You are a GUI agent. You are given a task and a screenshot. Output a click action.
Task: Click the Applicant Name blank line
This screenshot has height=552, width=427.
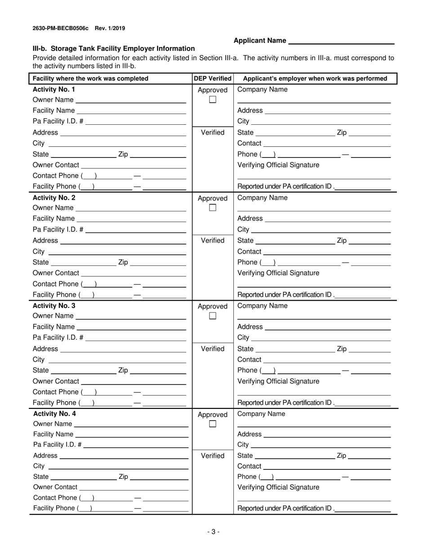coord(341,41)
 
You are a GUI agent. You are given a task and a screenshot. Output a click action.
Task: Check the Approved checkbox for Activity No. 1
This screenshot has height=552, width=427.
coord(213,100)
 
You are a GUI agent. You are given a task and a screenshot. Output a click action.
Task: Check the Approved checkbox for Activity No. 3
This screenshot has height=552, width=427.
coord(213,316)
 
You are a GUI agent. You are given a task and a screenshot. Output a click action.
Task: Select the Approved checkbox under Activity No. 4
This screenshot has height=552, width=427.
coord(213,424)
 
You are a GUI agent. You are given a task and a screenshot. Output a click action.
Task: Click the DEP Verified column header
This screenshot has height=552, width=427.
coord(213,79)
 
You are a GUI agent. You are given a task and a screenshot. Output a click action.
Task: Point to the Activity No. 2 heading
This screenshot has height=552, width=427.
coord(54,197)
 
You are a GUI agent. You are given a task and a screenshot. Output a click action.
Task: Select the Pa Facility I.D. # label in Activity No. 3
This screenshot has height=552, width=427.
coord(58,337)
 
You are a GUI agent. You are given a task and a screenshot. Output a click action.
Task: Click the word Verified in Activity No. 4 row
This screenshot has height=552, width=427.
coord(213,456)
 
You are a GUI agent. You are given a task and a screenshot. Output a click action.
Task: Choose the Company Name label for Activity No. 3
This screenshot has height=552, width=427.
coord(262,306)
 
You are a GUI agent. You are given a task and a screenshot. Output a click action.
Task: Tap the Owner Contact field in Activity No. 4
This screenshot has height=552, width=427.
coord(133,487)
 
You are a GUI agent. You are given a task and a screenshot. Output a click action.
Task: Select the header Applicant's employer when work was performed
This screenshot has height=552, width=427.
coord(315,79)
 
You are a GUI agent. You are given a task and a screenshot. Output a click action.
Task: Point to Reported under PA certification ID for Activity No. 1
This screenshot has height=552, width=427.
coord(286,187)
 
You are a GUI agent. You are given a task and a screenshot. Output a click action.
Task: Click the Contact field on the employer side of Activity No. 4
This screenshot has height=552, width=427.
coord(327,466)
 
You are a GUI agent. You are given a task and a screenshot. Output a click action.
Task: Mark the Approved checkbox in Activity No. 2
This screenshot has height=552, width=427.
coord(213,208)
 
